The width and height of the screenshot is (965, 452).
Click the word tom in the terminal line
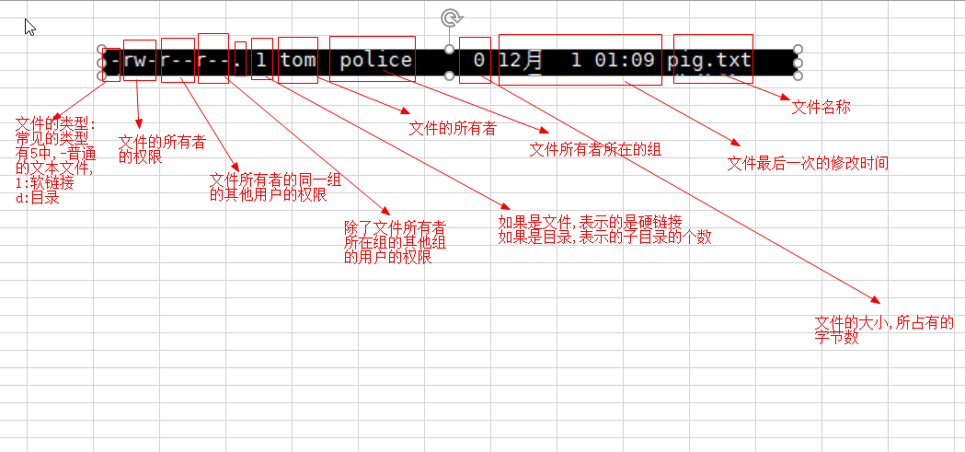point(298,61)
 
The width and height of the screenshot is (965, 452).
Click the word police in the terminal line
point(375,61)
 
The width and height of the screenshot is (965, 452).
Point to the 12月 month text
point(522,61)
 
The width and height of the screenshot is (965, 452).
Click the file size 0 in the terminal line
point(479,61)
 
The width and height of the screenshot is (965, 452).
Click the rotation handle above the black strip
point(450,17)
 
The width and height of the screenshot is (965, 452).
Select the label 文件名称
point(821,107)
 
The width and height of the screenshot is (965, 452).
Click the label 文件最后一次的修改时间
point(808,163)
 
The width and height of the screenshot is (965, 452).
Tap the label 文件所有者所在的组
point(595,149)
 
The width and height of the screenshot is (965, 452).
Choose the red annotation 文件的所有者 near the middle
point(453,128)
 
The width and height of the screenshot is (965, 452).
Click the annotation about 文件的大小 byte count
point(883,330)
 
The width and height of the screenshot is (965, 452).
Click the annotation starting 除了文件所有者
point(395,241)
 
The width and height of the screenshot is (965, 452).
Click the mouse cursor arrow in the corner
point(30,26)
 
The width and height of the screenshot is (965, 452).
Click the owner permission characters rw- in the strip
point(140,61)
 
